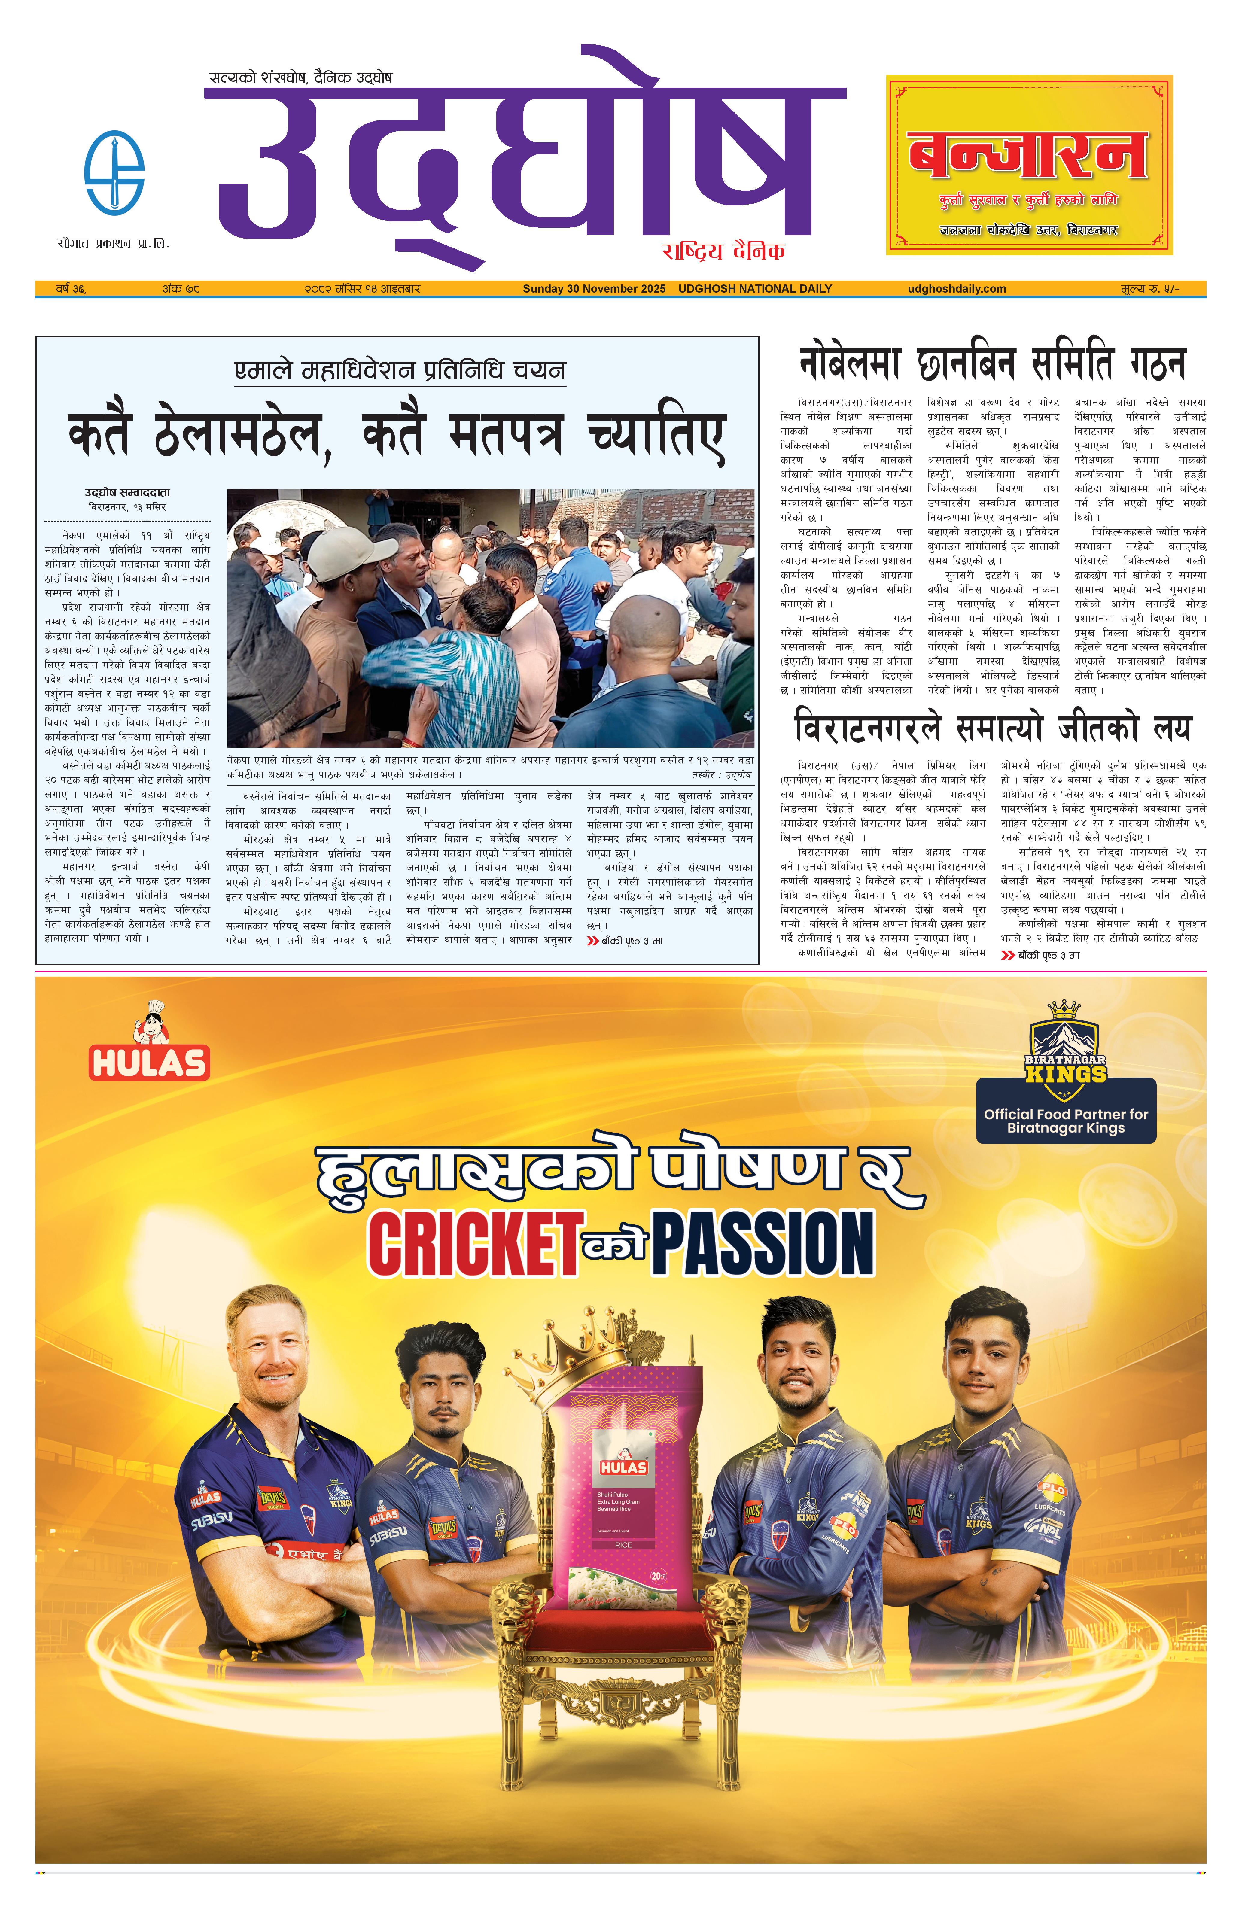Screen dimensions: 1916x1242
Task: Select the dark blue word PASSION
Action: (762, 1245)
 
